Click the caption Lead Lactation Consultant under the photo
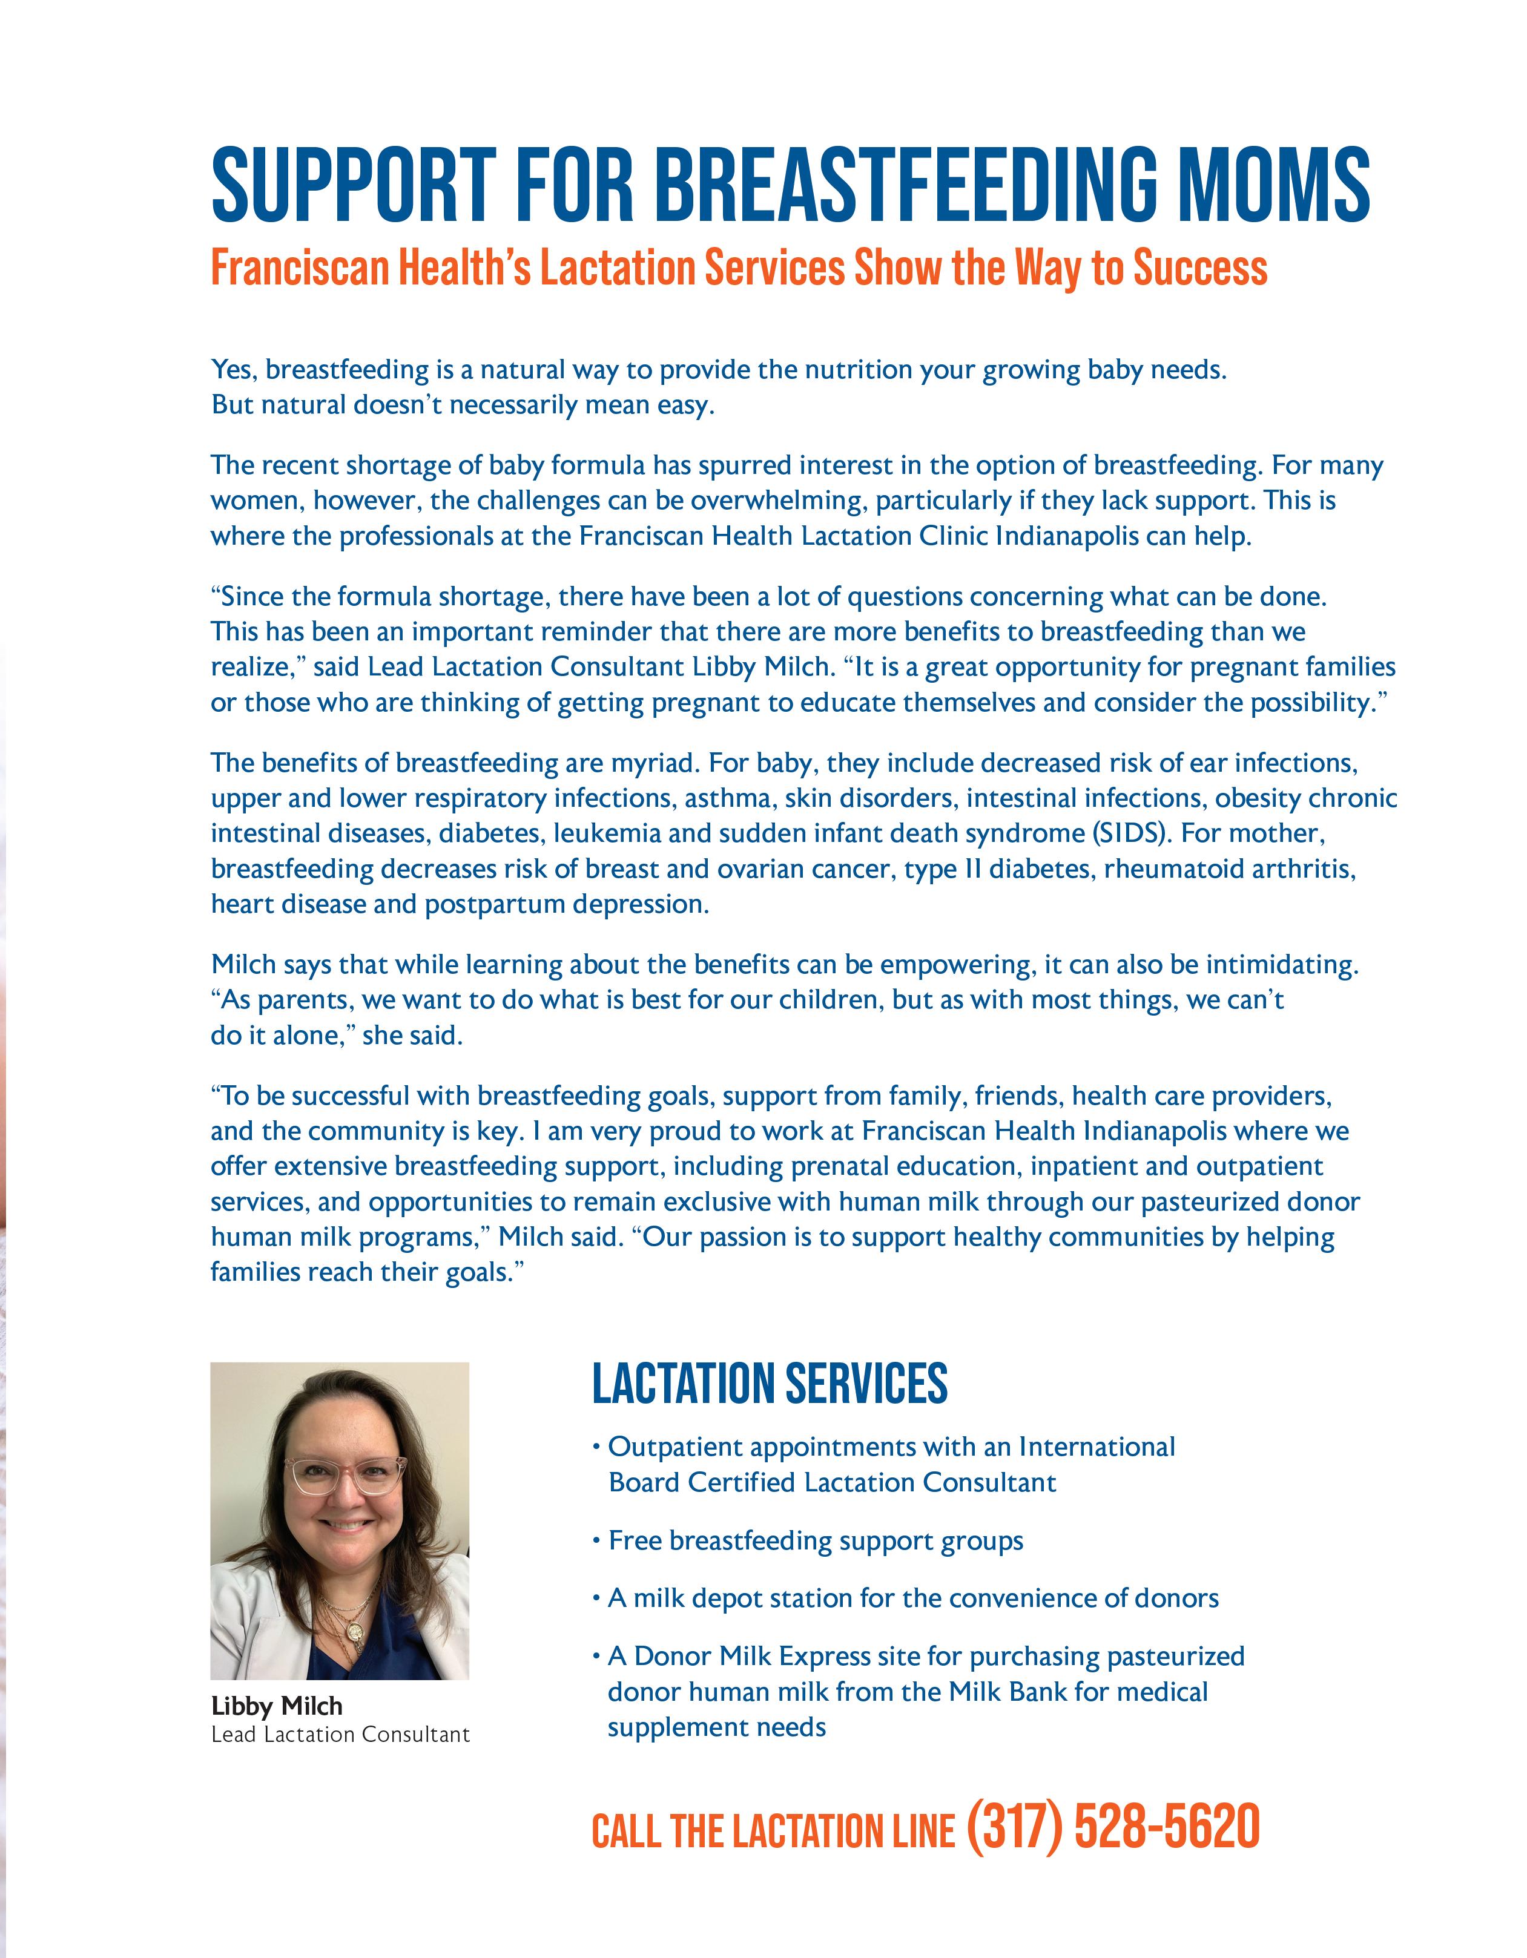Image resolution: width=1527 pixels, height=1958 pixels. (340, 1735)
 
